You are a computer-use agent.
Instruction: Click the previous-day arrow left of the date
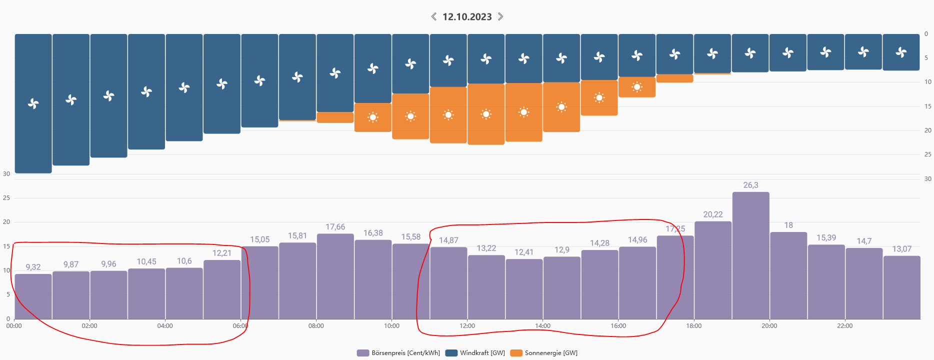tap(433, 16)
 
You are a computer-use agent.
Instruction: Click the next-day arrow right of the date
tap(500, 16)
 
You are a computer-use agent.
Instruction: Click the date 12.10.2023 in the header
tap(467, 17)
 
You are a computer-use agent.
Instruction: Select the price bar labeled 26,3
tap(750, 255)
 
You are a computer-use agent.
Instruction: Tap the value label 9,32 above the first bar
tap(33, 267)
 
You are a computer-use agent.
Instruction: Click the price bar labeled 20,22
tap(712, 270)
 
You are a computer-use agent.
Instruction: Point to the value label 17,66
tap(335, 227)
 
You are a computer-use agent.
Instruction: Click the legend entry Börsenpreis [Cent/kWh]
tap(398, 353)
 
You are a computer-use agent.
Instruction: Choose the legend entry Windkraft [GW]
tap(475, 353)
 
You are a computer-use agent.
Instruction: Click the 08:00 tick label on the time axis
tap(316, 326)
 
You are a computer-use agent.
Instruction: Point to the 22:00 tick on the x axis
tap(844, 326)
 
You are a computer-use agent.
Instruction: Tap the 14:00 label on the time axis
tap(542, 326)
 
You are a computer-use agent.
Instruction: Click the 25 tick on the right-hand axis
tap(927, 154)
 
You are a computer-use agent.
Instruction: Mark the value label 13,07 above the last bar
tap(901, 249)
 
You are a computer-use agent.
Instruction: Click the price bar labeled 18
tap(788, 275)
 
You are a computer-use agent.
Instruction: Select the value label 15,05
tap(259, 239)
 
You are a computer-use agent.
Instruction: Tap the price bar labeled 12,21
tap(222, 289)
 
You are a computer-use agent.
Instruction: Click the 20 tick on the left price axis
tap(6, 222)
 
